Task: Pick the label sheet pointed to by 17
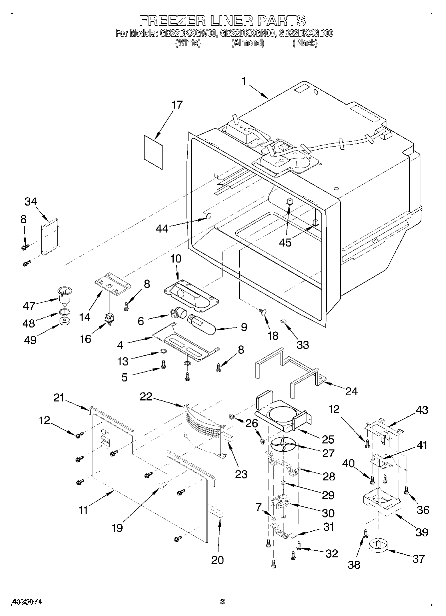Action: pyautogui.click(x=154, y=152)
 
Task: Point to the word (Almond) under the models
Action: pyautogui.click(x=247, y=43)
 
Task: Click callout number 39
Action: pyautogui.click(x=421, y=532)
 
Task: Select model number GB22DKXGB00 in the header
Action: pyautogui.click(x=306, y=33)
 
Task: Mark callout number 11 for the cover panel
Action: pyautogui.click(x=83, y=510)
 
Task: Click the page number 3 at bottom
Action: pyautogui.click(x=222, y=602)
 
